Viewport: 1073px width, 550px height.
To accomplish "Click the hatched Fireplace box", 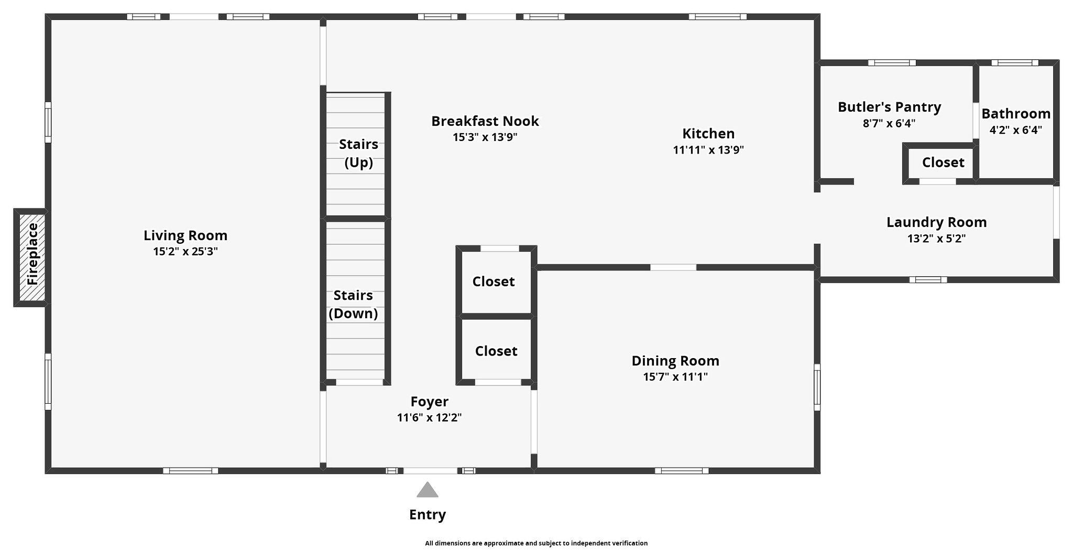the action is point(32,257).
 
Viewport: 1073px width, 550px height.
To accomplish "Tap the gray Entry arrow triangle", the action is point(428,490).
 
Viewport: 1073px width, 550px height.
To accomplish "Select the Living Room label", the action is point(185,235).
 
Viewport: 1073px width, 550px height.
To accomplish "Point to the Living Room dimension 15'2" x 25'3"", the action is point(185,252).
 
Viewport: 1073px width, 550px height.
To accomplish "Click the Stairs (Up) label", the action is point(359,153).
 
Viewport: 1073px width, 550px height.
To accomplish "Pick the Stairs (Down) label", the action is point(354,304).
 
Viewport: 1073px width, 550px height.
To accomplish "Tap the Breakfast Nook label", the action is point(485,121).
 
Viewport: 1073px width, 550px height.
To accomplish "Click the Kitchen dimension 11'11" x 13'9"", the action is point(708,150).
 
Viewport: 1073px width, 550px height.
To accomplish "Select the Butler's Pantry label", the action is point(890,107).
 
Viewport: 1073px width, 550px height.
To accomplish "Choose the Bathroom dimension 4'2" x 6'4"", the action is point(1016,130).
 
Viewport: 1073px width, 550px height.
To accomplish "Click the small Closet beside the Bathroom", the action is point(943,163).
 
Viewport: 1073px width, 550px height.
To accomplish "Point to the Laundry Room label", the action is point(937,222).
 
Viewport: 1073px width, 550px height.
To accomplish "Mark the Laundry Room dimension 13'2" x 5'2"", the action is point(937,239).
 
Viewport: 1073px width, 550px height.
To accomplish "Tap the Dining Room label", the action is point(675,361).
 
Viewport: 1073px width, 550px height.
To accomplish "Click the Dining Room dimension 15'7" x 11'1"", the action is point(675,377).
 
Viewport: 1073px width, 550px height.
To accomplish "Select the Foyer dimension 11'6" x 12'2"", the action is point(430,418).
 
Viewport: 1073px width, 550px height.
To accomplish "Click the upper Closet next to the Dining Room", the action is point(494,282).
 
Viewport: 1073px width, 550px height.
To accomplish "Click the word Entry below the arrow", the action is point(428,515).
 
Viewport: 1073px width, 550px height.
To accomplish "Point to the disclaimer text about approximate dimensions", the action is point(536,543).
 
